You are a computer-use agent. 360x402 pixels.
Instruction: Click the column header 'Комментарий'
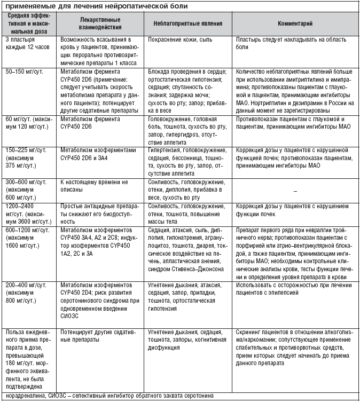pos(295,25)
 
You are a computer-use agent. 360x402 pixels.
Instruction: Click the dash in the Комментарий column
pos(295,191)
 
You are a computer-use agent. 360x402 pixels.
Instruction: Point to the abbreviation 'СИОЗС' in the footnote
pos(58,396)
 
